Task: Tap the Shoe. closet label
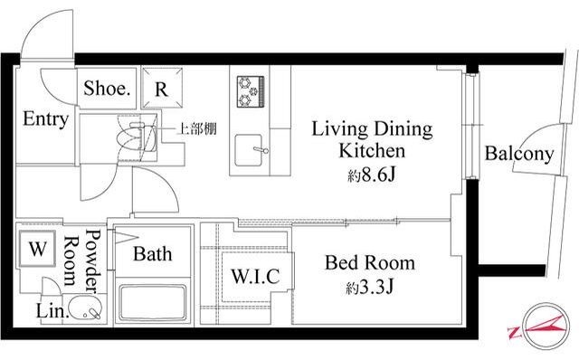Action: point(109,89)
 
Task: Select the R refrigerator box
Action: point(160,89)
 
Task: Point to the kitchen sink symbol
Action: point(253,150)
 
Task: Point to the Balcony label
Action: point(518,154)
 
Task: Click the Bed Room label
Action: point(369,264)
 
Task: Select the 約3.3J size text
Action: point(369,289)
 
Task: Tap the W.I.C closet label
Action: point(255,274)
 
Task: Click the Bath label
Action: point(152,255)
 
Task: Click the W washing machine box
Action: point(38,248)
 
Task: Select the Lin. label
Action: point(51,312)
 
